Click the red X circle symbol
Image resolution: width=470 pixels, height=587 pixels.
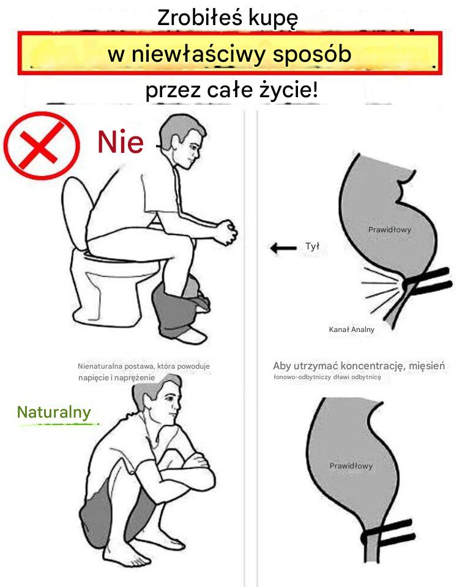coord(42,146)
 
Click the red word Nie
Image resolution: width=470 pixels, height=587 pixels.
coord(121,142)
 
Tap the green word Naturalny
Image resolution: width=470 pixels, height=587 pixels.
coord(54,413)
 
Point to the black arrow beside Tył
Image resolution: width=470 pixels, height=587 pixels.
coord(283,248)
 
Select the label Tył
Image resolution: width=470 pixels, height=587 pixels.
coord(312,246)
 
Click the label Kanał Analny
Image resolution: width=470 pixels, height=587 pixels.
coord(351,330)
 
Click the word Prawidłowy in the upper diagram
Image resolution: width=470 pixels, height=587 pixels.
coord(389,229)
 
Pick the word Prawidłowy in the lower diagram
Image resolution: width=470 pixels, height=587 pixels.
coord(351,466)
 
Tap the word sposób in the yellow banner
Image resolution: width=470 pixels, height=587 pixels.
coord(312,54)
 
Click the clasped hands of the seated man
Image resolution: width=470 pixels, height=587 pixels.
coord(226,232)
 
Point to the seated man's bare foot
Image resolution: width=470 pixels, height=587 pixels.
coord(192,336)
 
